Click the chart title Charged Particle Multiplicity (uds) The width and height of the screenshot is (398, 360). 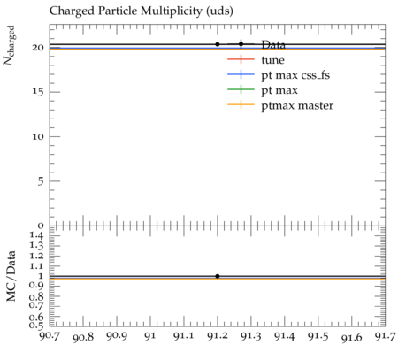(142, 11)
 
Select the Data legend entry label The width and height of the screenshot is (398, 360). (273, 45)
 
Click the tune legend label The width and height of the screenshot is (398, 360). (272, 60)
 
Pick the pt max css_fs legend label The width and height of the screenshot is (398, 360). (295, 75)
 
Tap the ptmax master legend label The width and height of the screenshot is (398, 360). (297, 105)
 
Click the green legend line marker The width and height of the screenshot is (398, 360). (241, 89)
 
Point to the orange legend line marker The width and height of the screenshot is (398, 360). (241, 104)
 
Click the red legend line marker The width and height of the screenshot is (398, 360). (241, 59)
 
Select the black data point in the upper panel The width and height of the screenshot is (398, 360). (218, 44)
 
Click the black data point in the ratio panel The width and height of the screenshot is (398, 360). (218, 276)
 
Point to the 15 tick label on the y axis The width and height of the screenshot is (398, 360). (38, 92)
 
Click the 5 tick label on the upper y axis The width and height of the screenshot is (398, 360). (41, 181)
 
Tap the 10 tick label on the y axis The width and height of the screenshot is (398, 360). (38, 136)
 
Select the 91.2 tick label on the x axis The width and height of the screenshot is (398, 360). (218, 336)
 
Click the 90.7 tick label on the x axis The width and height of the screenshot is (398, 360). (50, 336)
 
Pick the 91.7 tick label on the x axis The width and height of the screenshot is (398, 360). (386, 336)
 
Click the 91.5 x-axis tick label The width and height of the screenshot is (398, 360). (318, 336)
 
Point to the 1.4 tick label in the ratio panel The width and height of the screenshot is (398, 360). (37, 235)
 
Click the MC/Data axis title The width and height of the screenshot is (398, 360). (11, 276)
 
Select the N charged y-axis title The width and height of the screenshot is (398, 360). (9, 45)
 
